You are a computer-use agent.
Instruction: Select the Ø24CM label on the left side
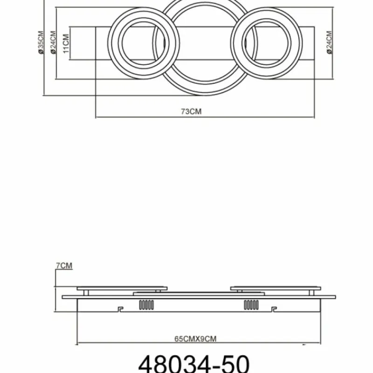point(53,43)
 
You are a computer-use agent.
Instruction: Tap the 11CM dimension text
point(67,43)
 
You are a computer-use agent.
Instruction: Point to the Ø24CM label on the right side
point(329,43)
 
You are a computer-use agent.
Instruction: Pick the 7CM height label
point(64,266)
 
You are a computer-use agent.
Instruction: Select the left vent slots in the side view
point(146,305)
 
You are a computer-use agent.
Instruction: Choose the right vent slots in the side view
point(250,305)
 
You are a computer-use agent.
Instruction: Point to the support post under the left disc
point(87,292)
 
